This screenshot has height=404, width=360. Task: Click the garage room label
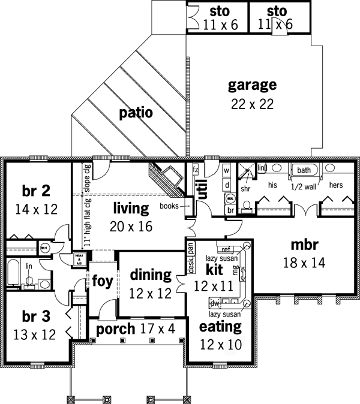(x=252, y=85)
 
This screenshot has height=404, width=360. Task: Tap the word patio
(x=135, y=112)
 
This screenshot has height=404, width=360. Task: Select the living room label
(x=130, y=209)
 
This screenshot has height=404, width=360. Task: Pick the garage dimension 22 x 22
(x=252, y=103)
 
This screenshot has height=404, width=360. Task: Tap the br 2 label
(x=35, y=191)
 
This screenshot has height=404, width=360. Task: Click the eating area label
(x=221, y=327)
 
